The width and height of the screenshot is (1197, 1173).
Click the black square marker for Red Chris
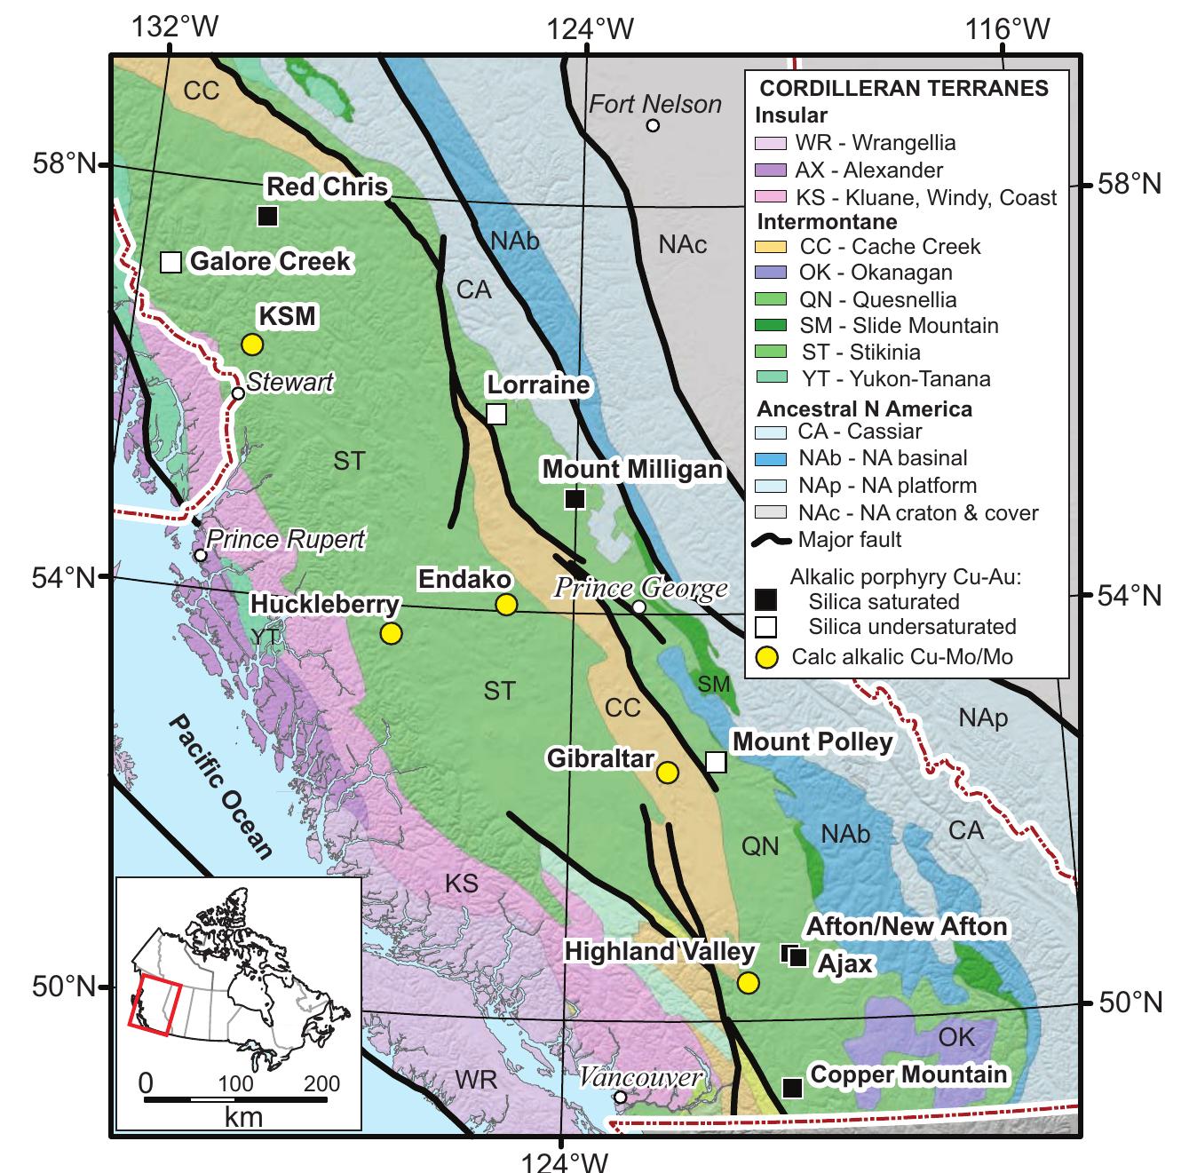click(268, 216)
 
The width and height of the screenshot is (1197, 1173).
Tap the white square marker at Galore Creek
click(171, 262)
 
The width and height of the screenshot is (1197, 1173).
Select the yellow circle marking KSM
click(252, 345)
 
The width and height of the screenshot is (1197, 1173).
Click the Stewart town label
click(289, 382)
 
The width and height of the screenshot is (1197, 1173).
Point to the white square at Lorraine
click(496, 414)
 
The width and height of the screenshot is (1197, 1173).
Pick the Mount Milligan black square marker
click(575, 499)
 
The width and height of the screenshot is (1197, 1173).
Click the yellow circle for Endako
click(506, 605)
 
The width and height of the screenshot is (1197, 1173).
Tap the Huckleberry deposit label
click(325, 605)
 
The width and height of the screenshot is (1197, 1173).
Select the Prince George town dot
click(638, 606)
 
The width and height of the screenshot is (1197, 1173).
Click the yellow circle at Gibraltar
click(668, 773)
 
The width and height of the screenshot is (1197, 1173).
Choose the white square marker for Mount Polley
click(716, 762)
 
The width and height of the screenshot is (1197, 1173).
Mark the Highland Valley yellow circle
click(749, 982)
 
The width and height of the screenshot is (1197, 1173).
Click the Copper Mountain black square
click(792, 1087)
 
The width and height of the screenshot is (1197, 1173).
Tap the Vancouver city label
click(641, 1077)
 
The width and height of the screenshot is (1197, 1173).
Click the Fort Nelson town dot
click(653, 125)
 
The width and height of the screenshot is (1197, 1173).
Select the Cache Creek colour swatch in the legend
click(770, 247)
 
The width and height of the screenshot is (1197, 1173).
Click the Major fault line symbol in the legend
click(771, 540)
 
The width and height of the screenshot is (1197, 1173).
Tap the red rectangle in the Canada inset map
click(155, 1008)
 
